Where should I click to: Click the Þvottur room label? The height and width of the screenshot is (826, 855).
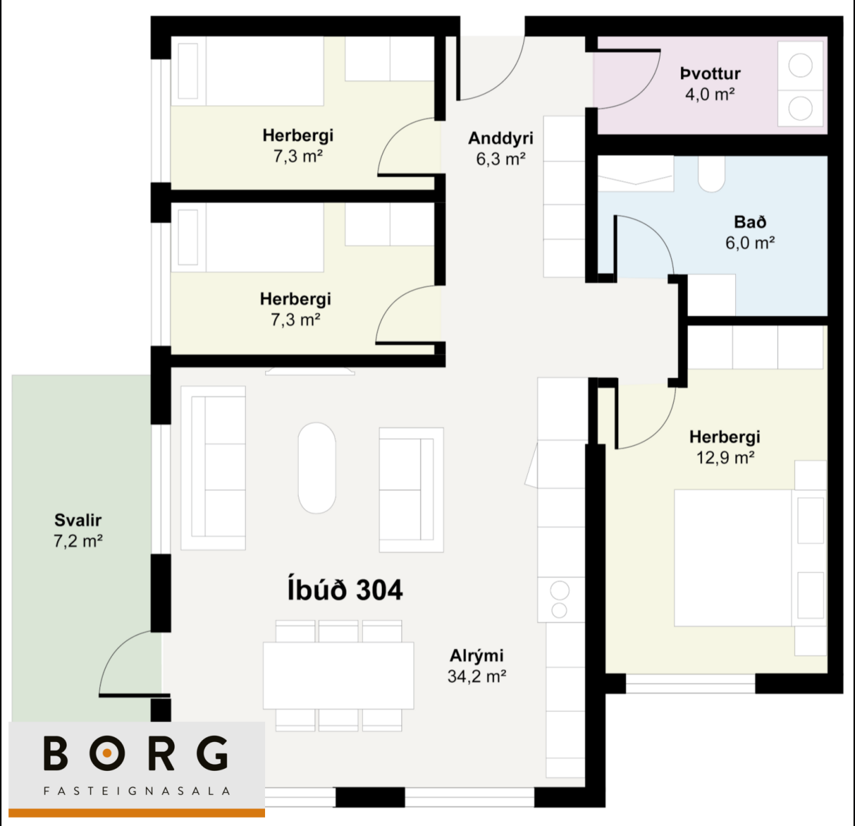click(710, 74)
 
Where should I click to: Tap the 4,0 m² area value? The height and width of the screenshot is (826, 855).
click(710, 94)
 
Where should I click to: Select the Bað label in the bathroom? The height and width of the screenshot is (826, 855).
click(750, 222)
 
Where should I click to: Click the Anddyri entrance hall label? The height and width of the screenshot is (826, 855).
click(500, 138)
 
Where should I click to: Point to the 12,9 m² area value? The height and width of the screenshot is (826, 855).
click(726, 457)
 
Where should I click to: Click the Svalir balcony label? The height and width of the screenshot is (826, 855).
click(78, 520)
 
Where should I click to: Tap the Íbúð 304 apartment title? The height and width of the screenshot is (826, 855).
click(345, 589)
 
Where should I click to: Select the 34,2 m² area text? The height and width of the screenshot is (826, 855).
click(476, 676)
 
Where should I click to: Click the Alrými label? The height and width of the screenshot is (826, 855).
click(476, 655)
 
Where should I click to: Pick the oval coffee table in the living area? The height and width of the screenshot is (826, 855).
click(317, 468)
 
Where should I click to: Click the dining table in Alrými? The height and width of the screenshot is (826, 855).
click(338, 675)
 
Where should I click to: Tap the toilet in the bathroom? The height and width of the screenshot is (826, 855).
click(711, 174)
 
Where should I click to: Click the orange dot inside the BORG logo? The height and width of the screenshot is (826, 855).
click(107, 754)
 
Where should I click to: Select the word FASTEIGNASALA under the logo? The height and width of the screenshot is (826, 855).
click(136, 792)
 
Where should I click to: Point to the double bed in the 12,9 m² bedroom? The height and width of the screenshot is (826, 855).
click(750, 558)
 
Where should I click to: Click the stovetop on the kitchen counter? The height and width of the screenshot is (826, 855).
click(560, 600)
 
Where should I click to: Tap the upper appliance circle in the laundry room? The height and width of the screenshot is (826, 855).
click(800, 65)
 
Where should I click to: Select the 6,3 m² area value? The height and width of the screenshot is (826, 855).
click(500, 158)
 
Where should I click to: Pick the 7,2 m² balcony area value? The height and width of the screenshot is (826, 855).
click(78, 541)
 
